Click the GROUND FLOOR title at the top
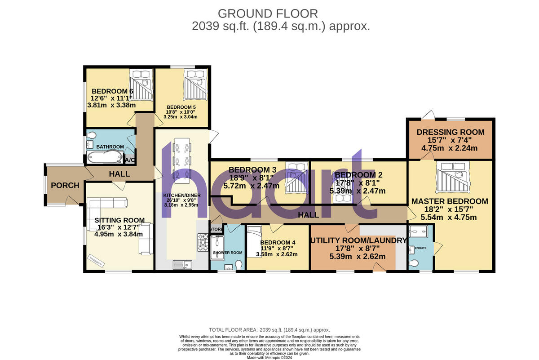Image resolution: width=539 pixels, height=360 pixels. [x=268, y=13]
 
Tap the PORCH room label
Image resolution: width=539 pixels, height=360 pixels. [x=65, y=185]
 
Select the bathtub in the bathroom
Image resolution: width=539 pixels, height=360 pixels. [x=104, y=157]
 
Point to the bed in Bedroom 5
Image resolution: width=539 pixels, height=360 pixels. [x=194, y=84]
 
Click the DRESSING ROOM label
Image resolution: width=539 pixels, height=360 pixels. [x=451, y=132]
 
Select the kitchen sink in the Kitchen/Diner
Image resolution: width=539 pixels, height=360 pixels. [x=182, y=265]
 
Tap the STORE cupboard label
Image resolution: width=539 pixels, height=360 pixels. [x=216, y=229]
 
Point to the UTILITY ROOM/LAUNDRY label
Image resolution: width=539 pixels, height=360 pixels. [x=358, y=240]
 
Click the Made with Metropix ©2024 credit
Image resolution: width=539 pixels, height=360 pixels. [x=269, y=357]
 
